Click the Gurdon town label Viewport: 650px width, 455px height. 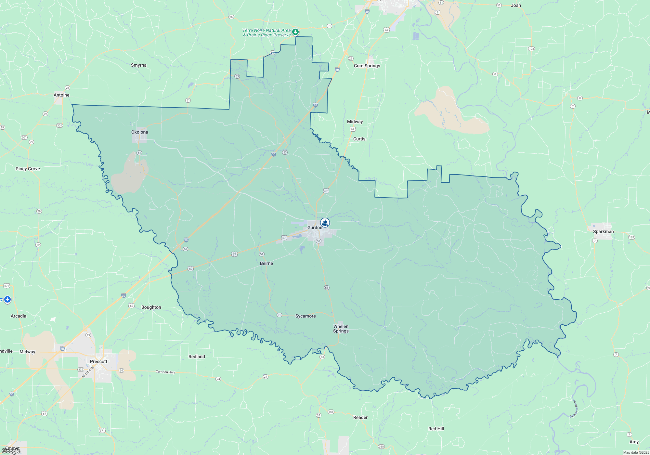(x=315, y=227)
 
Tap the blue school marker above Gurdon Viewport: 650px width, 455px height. (x=325, y=223)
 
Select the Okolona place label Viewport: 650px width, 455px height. (x=139, y=132)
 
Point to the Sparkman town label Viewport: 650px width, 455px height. (x=603, y=231)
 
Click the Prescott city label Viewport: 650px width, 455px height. (x=98, y=361)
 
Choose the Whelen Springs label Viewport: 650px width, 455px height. (x=341, y=329)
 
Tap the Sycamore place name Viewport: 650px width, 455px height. (x=305, y=316)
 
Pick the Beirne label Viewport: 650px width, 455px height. (x=266, y=263)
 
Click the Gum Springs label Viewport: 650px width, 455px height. (x=367, y=66)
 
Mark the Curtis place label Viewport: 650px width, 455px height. (x=359, y=139)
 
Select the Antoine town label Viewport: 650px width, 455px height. (x=61, y=95)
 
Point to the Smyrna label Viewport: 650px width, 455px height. (x=138, y=65)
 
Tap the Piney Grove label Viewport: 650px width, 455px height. (x=28, y=169)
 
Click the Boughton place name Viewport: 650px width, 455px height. (x=151, y=307)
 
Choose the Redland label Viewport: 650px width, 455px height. (x=197, y=357)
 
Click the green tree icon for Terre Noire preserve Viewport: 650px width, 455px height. (x=295, y=32)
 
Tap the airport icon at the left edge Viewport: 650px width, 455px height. (x=7, y=299)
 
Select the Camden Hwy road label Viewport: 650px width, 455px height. (x=165, y=372)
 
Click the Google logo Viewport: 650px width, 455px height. (x=11, y=451)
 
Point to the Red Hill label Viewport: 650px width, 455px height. (x=436, y=429)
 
